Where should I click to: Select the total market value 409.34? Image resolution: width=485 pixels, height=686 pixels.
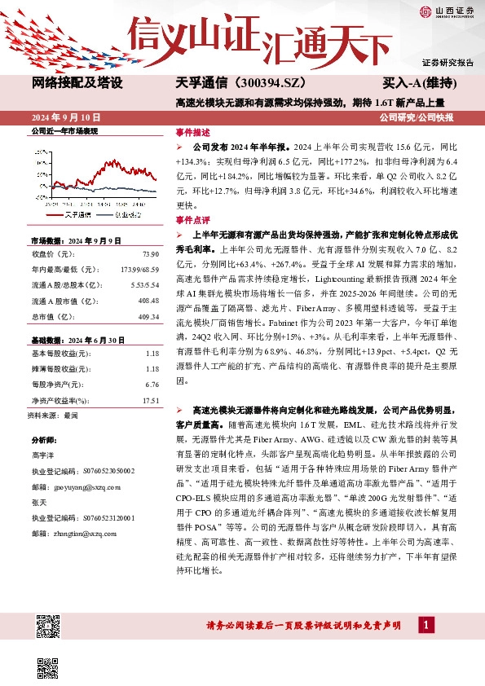(x=147, y=317)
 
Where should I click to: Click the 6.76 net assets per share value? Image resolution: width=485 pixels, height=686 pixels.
(x=150, y=385)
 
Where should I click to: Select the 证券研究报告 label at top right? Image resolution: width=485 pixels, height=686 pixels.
(x=448, y=63)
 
